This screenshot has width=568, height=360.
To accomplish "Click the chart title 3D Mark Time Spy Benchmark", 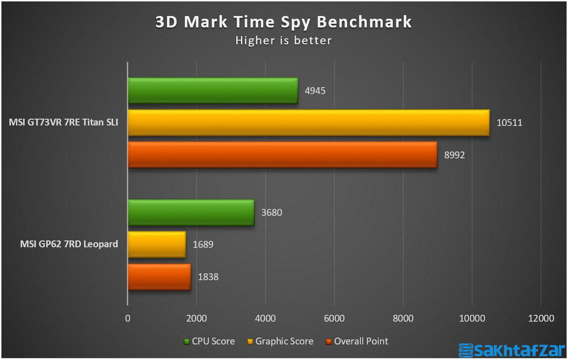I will tap(283, 22).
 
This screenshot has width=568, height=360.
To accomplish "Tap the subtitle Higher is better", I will tap(283, 40).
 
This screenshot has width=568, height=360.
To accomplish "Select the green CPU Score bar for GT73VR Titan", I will tap(212, 90).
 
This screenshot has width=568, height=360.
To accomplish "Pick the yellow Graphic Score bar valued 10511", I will tap(308, 123).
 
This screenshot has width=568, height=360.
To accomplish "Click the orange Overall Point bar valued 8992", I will tap(282, 155).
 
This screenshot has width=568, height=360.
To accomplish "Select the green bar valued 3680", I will tap(191, 212).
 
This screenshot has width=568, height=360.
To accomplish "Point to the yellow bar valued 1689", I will tap(156, 244).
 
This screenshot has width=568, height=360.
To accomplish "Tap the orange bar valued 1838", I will tap(159, 276).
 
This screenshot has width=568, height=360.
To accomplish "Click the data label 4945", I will tap(315, 90).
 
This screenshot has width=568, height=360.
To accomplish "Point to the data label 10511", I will tap(509, 123).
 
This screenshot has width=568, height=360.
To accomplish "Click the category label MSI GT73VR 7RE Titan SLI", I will tap(64, 123).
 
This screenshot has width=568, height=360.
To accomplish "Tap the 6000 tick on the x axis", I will tap(334, 318).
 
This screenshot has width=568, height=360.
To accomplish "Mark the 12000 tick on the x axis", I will tap(541, 318).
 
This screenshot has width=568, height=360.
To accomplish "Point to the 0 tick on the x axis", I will tap(128, 318).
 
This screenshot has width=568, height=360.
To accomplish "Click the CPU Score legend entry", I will tap(209, 341).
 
